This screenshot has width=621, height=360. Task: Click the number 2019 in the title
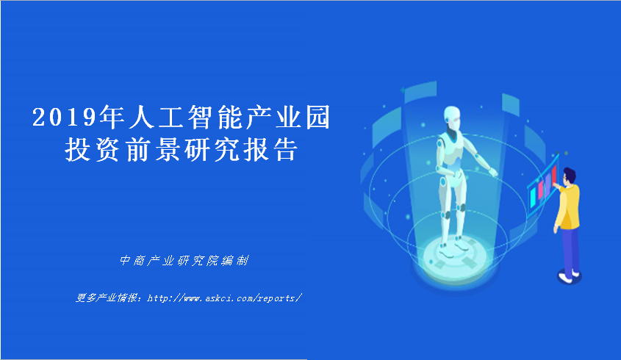65,118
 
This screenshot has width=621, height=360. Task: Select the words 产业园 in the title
288,118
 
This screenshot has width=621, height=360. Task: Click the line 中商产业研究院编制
184,260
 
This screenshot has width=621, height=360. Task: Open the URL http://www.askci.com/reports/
225,298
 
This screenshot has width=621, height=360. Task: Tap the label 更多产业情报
107,298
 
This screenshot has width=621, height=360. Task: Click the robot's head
452,118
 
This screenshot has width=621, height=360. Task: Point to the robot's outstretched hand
492,172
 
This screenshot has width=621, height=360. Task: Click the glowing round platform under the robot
456,258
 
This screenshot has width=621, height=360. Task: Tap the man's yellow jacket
568,206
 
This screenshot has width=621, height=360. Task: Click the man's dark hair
570,174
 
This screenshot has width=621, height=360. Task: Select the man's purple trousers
571,251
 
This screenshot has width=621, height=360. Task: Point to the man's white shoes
569,276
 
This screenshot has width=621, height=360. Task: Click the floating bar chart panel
542,185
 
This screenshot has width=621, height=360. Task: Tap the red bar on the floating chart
554,176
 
